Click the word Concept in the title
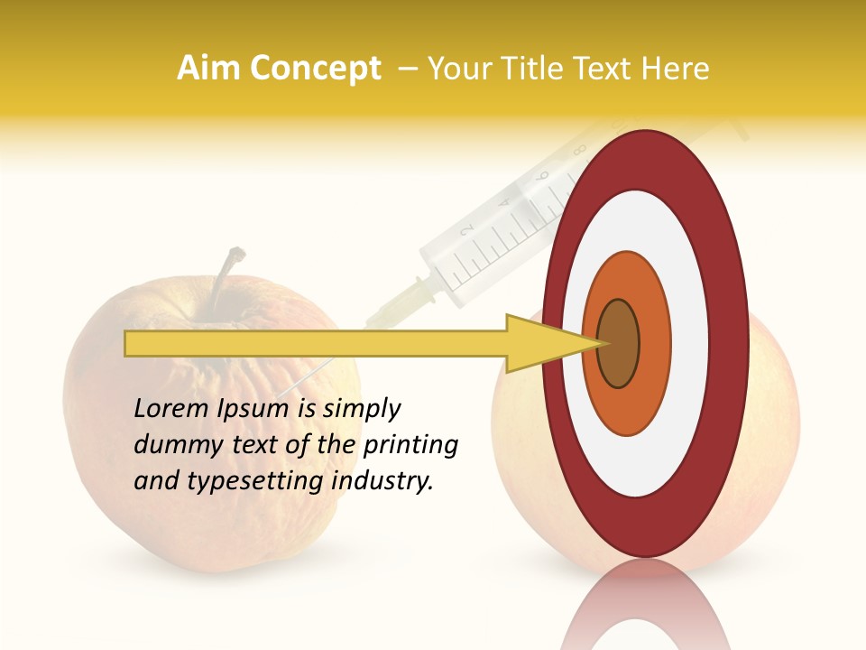(x=315, y=69)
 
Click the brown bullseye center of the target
(x=618, y=344)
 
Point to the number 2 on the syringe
(x=467, y=233)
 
